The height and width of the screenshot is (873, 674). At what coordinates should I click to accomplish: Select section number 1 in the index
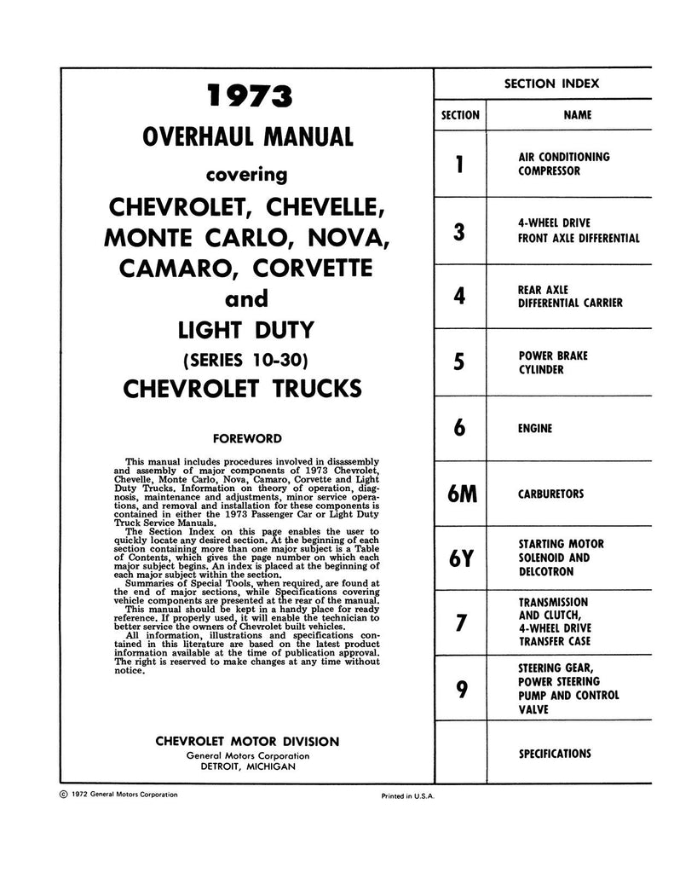(460, 164)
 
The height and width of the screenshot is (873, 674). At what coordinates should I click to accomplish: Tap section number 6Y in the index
(460, 558)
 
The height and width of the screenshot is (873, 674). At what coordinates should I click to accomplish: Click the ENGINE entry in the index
(535, 428)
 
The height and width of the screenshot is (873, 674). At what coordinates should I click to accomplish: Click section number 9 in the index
(460, 689)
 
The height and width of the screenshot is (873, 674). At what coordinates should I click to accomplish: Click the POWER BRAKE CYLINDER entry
(553, 362)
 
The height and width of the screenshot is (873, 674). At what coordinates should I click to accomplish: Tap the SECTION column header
(460, 114)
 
